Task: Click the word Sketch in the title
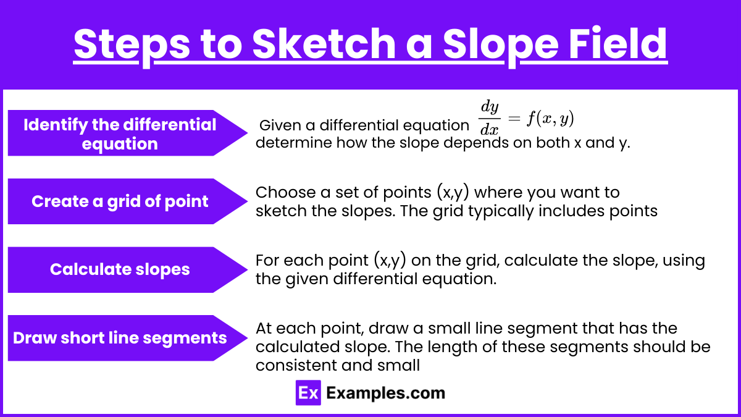point(324,44)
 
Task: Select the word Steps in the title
point(132,46)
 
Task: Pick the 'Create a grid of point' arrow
point(128,201)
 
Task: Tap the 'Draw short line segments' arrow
point(128,338)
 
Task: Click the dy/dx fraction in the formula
point(489,118)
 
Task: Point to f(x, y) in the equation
point(550,119)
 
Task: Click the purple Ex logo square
point(308,393)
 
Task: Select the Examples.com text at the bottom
point(386,394)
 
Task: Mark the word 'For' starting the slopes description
point(267,261)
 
